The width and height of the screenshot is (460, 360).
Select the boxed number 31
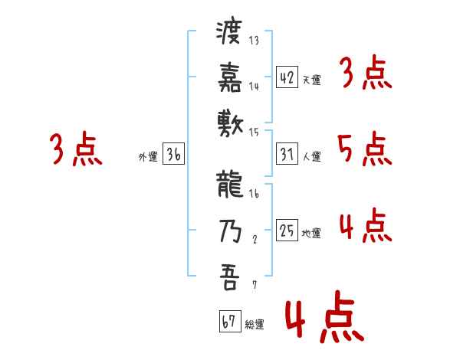coord(287,155)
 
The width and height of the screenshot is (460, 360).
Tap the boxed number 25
coord(287,231)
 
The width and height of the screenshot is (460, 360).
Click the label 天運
coord(311,80)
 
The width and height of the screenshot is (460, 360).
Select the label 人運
coord(311,157)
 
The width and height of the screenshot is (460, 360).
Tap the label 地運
coord(311,234)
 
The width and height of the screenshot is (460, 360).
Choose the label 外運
coord(147,157)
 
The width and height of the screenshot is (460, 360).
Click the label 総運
coord(255,325)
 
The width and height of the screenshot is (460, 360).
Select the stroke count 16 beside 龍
coord(254,195)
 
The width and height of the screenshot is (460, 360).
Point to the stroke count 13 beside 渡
coord(254,41)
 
